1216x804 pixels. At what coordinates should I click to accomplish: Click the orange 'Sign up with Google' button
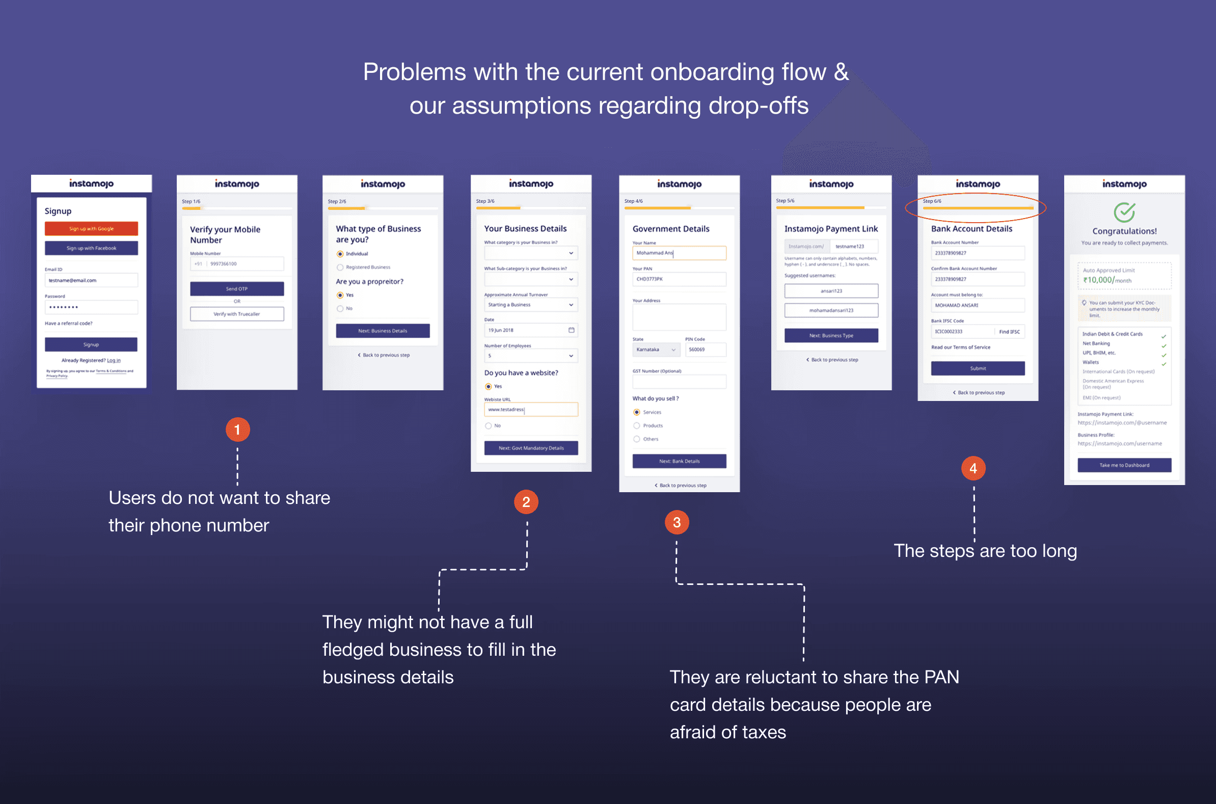click(x=91, y=229)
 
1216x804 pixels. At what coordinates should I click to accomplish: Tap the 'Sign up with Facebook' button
click(x=91, y=248)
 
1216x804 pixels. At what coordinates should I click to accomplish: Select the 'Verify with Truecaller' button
click(x=237, y=314)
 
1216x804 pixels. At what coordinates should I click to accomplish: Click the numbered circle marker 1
click(x=237, y=430)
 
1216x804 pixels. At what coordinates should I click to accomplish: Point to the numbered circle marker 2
click(x=526, y=502)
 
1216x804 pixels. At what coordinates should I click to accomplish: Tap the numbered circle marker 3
click(x=677, y=522)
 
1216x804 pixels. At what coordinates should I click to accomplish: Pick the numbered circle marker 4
click(x=973, y=468)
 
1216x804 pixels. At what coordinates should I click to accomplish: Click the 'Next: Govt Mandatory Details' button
click(x=531, y=448)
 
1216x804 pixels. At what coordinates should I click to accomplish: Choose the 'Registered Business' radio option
click(x=340, y=267)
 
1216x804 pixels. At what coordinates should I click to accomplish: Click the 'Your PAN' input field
click(x=679, y=279)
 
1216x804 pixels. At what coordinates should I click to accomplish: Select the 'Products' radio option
click(x=637, y=425)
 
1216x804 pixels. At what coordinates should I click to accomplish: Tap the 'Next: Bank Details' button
click(x=679, y=461)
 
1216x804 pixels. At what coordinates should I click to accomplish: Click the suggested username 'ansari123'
click(x=831, y=291)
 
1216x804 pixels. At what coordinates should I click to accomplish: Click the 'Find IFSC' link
click(x=1009, y=332)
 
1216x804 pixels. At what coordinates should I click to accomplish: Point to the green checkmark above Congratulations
click(x=1124, y=212)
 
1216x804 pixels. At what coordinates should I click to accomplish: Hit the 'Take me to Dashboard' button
click(x=1124, y=465)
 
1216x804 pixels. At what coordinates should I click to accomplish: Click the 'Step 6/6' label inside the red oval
click(x=932, y=201)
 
